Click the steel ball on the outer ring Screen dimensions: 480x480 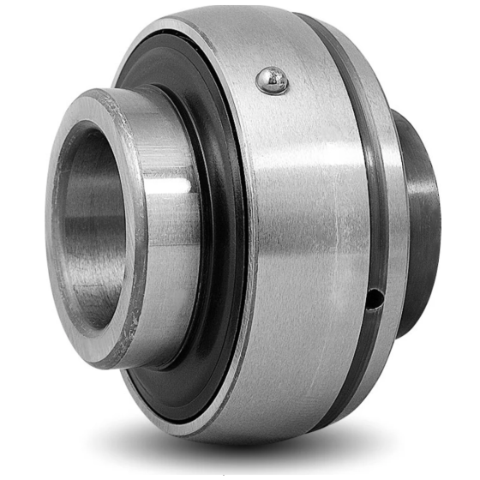point(272,81)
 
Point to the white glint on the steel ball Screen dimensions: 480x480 point(268,77)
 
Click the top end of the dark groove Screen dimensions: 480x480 point(304,19)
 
